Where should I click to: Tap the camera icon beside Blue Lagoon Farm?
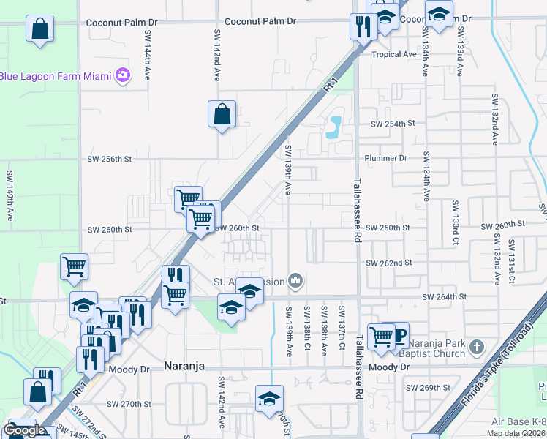pos(122,75)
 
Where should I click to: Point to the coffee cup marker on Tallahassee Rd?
pos(399,336)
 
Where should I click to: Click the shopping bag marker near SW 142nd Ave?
pos(222,114)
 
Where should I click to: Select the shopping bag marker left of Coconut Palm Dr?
pos(40,29)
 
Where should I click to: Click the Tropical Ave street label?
pos(393,55)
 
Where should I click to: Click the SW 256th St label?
pos(110,159)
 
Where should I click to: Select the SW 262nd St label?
pos(391,263)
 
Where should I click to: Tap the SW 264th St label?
pos(444,296)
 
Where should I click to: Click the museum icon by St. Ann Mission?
pos(295,279)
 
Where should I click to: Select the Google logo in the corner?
pos(25,430)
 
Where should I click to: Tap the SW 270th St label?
pos(129,404)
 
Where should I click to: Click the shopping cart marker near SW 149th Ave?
pos(75,267)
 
